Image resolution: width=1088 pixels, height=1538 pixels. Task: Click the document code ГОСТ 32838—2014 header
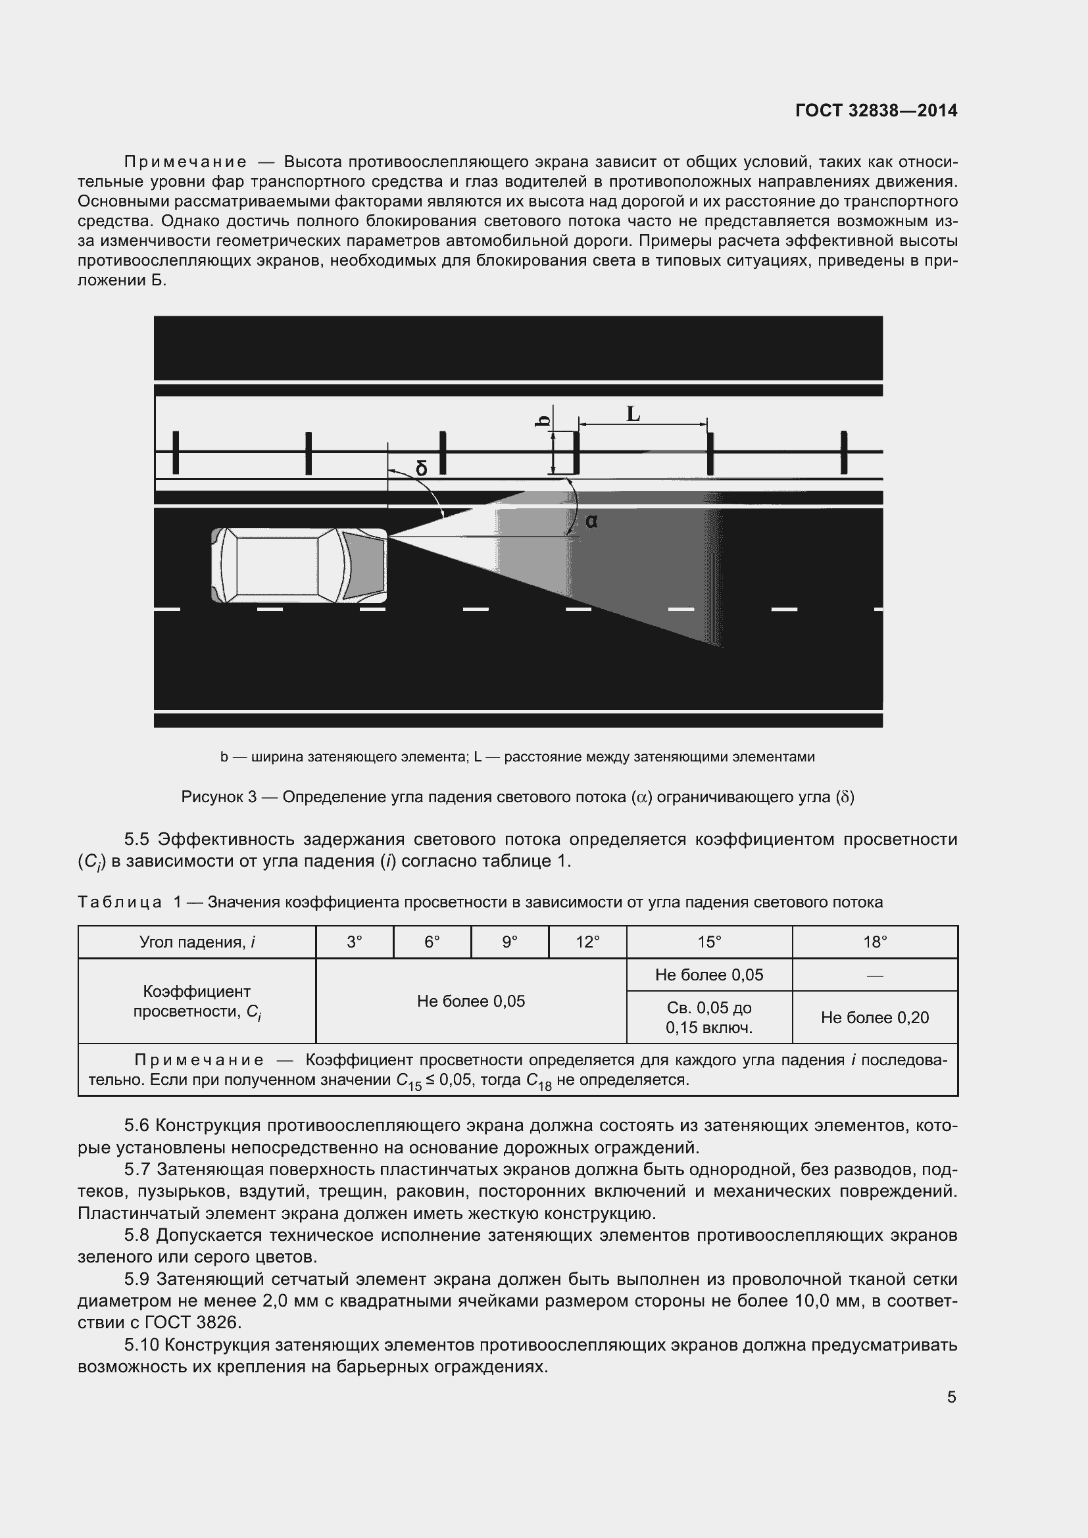876,110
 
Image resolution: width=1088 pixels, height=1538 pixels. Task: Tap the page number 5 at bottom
951,1397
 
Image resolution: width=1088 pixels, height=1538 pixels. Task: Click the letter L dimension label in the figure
633,415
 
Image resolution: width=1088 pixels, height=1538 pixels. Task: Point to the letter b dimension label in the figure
544,421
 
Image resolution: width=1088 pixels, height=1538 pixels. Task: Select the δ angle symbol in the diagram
421,468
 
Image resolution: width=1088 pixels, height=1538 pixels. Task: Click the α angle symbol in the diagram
591,521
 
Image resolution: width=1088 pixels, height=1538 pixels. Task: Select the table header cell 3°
355,942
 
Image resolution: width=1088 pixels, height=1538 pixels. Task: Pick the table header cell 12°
587,942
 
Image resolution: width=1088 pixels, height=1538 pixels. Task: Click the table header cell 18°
875,942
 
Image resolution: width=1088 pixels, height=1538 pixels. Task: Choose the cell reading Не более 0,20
875,1017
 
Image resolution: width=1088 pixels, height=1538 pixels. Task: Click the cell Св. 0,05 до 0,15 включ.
709,1017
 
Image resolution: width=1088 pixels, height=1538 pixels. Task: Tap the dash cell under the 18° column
875,975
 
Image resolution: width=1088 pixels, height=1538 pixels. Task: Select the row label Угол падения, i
197,942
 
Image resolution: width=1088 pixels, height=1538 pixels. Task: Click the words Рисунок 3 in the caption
219,797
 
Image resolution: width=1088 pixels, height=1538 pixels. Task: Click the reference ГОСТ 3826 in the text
192,1323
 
